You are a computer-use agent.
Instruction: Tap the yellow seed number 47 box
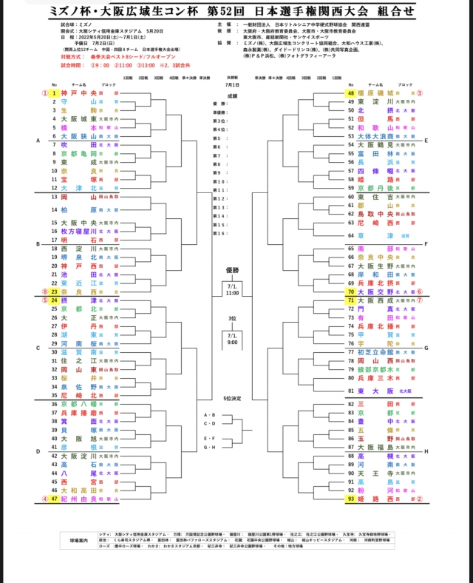pos(54,499)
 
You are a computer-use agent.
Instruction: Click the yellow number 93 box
pos(351,499)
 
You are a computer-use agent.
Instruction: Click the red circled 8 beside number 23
pos(44,291)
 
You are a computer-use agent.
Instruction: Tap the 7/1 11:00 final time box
pos(231,289)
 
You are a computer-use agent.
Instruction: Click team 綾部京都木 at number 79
pos(374,369)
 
